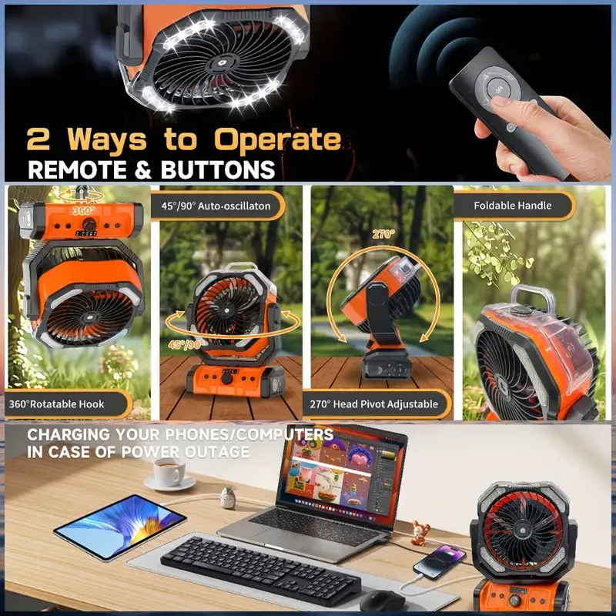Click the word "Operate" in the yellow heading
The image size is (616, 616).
click(x=278, y=140)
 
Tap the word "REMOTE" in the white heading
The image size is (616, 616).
click(x=78, y=169)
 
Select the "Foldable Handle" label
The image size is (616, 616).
click(x=512, y=206)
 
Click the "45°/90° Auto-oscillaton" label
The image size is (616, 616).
click(x=216, y=206)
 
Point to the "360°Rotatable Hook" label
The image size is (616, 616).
click(x=56, y=403)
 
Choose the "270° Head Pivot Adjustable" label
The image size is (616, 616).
click(x=373, y=403)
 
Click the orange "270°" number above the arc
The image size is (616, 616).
click(x=383, y=234)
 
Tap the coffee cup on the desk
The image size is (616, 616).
click(x=169, y=471)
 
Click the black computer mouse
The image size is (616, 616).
click(x=382, y=601)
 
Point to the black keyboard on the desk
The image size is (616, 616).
click(x=261, y=565)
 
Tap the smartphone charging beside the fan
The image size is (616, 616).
click(x=440, y=562)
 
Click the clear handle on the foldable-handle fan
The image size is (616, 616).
click(x=532, y=298)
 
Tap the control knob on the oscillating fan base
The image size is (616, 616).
click(x=226, y=378)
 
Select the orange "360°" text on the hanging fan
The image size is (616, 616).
click(x=84, y=210)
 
